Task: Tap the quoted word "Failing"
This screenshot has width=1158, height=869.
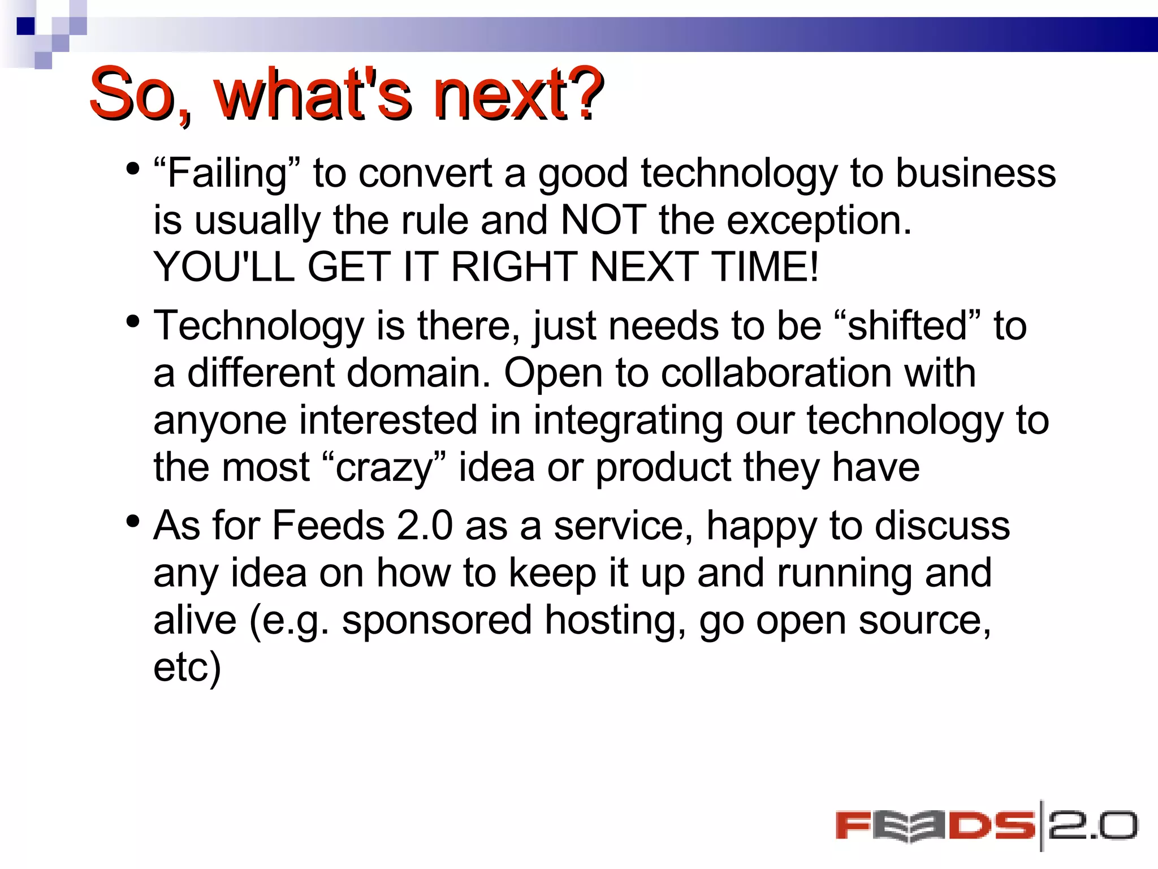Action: [227, 173]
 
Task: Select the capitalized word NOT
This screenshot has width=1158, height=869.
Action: [603, 220]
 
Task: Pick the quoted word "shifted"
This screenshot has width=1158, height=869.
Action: [908, 326]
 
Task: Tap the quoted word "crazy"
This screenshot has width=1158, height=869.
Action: [385, 468]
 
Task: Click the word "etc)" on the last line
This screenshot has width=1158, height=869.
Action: [187, 668]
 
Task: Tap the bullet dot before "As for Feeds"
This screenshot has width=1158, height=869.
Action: [133, 521]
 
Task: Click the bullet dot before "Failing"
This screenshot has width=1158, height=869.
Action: [133, 169]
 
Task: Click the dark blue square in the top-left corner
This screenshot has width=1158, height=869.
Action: [25, 26]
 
